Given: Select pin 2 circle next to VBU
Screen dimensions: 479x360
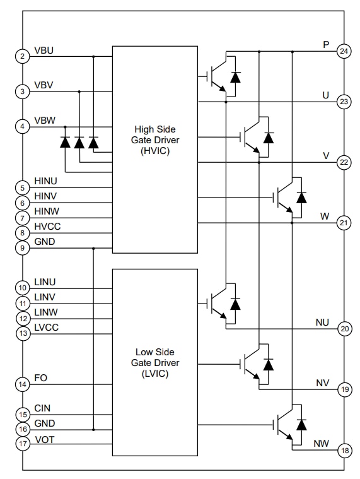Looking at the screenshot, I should [23, 56].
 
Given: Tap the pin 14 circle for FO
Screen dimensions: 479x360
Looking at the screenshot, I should [23, 384].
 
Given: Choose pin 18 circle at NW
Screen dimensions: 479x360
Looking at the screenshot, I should [344, 450].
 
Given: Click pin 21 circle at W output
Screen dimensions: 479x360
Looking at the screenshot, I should [344, 223].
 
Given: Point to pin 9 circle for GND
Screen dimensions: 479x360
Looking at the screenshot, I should [23, 248].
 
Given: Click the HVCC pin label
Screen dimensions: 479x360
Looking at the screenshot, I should [48, 226].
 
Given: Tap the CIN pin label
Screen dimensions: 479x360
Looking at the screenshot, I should [43, 408].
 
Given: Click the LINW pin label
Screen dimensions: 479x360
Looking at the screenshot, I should [47, 312].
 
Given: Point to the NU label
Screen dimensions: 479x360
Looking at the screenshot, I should [322, 322].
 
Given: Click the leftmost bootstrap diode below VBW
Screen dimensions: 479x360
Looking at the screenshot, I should [65, 143].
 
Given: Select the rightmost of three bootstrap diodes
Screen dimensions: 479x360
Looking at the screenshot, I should [93, 143].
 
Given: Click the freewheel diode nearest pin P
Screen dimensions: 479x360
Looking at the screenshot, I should [236, 77].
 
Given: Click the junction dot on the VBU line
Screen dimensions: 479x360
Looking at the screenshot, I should [93, 56].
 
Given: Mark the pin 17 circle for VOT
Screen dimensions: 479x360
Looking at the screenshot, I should [23, 444].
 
